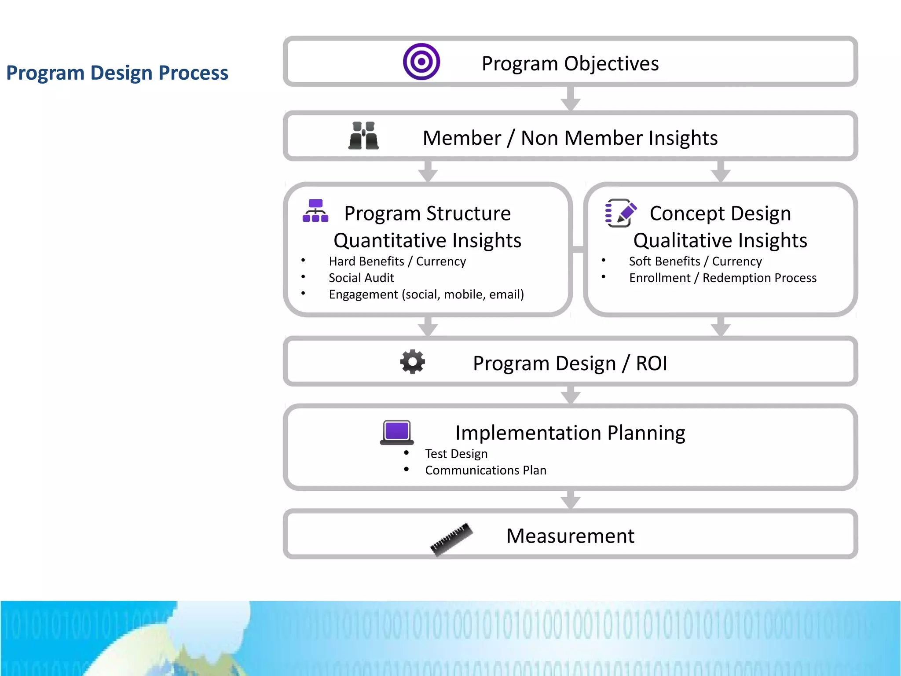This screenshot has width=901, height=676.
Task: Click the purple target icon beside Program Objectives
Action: tap(421, 62)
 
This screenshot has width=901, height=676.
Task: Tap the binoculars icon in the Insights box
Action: tap(363, 136)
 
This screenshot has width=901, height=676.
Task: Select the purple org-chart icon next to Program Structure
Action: tap(315, 211)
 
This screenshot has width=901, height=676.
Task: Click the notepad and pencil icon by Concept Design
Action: tap(620, 213)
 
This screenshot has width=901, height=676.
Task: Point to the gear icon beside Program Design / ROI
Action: tap(412, 362)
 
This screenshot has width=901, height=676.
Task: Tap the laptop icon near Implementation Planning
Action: tap(397, 432)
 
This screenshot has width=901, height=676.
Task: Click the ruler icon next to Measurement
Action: tap(451, 539)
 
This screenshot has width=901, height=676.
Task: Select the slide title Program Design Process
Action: tap(117, 73)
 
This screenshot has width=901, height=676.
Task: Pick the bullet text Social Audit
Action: tap(361, 278)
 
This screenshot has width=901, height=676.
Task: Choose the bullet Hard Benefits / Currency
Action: tap(397, 261)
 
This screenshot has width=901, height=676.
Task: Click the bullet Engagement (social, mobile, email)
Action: tap(426, 294)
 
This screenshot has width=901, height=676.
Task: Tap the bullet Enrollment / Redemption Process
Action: tap(722, 278)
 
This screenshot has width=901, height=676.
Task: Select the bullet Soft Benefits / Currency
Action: tap(695, 261)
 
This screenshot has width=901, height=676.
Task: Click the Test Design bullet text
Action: tap(456, 454)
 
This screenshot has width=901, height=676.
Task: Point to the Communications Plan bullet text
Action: tap(486, 470)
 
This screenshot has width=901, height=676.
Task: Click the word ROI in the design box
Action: tap(651, 364)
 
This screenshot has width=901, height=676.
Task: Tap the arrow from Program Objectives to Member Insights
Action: tap(571, 99)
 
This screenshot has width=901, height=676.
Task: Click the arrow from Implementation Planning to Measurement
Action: tap(571, 500)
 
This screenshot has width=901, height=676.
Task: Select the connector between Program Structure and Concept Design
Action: tap(578, 250)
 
